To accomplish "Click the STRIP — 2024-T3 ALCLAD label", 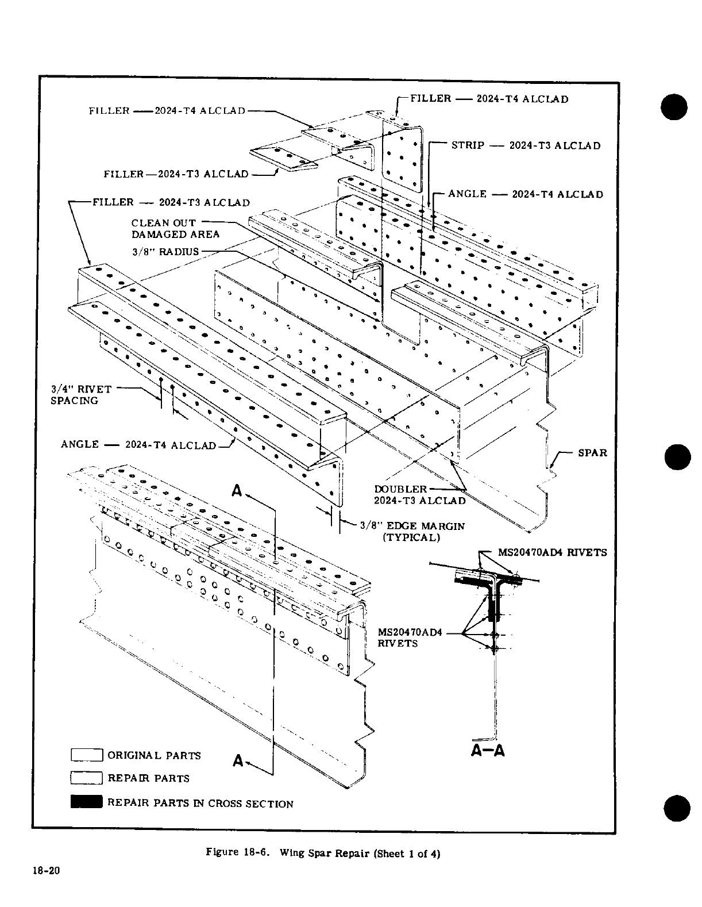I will (x=526, y=145).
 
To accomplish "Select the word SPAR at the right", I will (x=592, y=452).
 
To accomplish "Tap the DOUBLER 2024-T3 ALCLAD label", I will (x=419, y=495).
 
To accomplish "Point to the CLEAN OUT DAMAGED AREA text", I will (x=175, y=228).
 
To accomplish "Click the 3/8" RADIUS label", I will (x=165, y=251).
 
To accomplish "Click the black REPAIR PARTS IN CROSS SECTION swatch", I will (x=86, y=802).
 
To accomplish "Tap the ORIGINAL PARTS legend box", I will (x=86, y=755).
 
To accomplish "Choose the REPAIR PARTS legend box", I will (x=86, y=778).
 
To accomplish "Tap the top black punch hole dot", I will (x=674, y=106).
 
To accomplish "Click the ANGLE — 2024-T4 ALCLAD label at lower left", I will (x=138, y=445).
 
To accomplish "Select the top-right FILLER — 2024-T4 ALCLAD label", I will (x=489, y=99).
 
